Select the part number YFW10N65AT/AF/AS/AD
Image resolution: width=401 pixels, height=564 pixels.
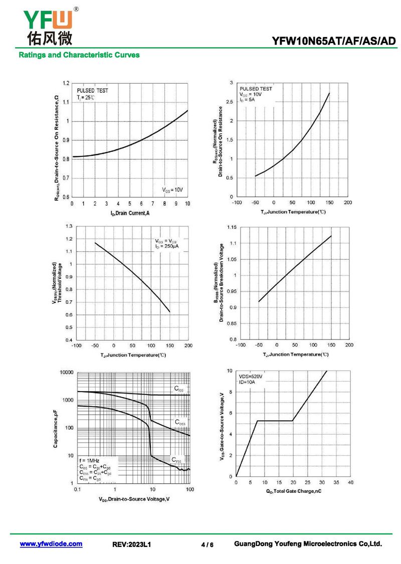pyautogui.click(x=333, y=41)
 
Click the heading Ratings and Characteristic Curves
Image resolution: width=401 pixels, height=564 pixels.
pyautogui.click(x=79, y=55)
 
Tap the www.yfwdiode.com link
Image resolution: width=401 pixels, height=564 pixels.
pyautogui.click(x=51, y=543)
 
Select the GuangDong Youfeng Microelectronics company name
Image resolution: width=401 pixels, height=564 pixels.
pyautogui.click(x=308, y=543)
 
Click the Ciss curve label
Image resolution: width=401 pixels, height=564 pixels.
pyautogui.click(x=179, y=389)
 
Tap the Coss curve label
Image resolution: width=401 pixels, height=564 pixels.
pyautogui.click(x=180, y=422)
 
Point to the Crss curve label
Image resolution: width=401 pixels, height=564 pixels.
pyautogui.click(x=176, y=459)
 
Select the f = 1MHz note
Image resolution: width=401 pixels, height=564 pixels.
pyautogui.click(x=89, y=460)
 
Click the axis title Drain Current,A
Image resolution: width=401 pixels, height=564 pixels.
pyautogui.click(x=130, y=213)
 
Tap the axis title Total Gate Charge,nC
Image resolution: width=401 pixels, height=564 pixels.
pyautogui.click(x=293, y=491)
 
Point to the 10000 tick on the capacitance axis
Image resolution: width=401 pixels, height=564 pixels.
pyautogui.click(x=67, y=372)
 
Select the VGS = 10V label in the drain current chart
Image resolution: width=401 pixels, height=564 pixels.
pyautogui.click(x=172, y=190)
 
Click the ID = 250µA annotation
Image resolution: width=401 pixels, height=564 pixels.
pyautogui.click(x=166, y=247)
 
